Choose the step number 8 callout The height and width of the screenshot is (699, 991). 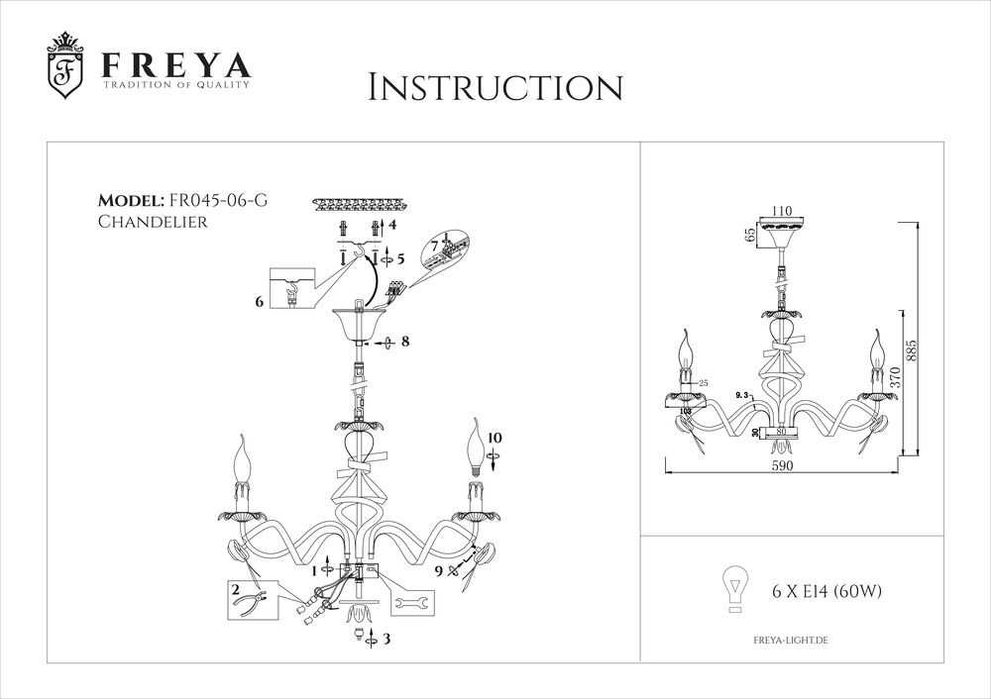[404, 342]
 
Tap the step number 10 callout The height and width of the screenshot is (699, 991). [495, 437]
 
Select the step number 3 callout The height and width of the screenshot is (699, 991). [386, 640]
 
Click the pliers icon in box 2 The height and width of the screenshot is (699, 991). [261, 599]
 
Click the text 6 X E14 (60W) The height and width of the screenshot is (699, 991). [826, 592]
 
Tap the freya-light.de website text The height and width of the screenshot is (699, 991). [784, 642]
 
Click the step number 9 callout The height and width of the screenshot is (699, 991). [439, 570]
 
